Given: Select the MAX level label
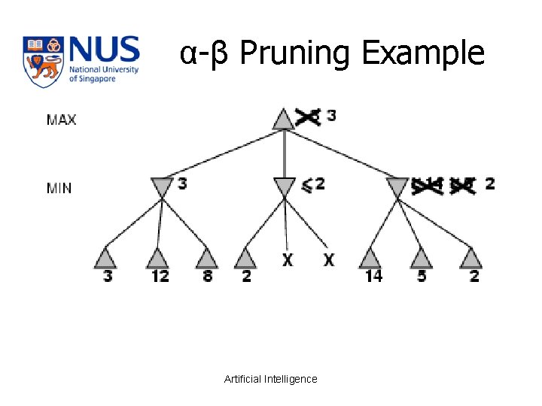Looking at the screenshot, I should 61,120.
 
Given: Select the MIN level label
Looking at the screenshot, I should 59,188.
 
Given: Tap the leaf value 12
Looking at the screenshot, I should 160,276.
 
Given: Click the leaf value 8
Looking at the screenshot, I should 206,276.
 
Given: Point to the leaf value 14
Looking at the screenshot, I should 373,276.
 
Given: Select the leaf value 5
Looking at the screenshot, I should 422,276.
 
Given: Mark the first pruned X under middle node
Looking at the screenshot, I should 288,259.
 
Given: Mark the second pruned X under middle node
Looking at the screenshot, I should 329,259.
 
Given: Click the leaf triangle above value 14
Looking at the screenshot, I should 370,258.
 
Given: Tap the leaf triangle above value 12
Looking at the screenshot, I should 157,258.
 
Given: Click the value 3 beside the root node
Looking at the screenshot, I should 331,117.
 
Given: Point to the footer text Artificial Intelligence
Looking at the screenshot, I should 271,379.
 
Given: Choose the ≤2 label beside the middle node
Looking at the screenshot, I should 313,184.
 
